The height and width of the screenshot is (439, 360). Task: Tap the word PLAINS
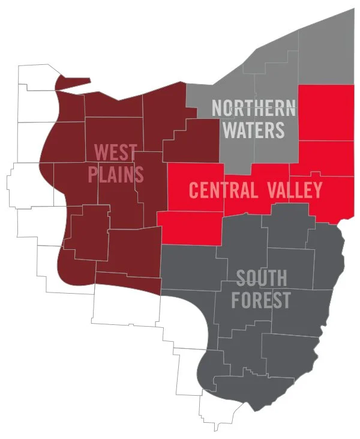click(x=116, y=174)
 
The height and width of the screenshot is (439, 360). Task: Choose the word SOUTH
click(x=262, y=277)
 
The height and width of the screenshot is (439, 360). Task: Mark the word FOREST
click(x=262, y=299)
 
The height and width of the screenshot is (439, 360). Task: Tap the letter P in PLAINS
click(x=92, y=174)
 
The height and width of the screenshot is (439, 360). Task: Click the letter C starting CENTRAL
click(x=194, y=190)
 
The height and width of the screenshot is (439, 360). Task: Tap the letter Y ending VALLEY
click(x=317, y=190)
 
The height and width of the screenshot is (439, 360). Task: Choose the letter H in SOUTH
click(x=281, y=277)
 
